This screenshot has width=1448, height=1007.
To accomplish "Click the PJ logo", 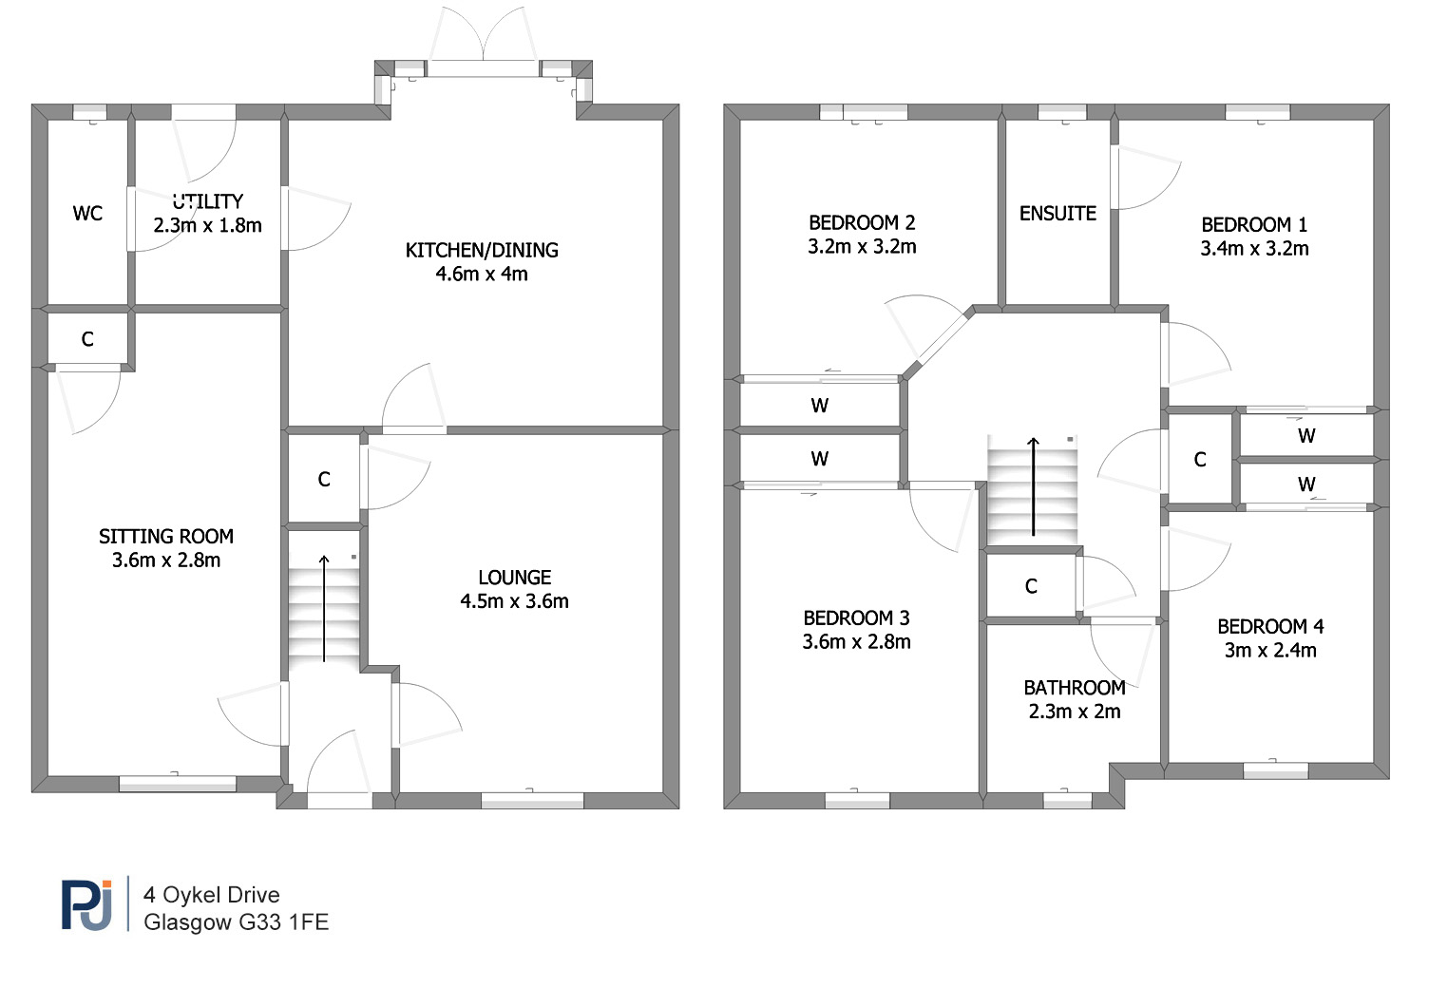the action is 87,904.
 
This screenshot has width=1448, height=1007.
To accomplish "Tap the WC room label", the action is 87,214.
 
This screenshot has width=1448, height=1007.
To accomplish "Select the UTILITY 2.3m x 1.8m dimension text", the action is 207,225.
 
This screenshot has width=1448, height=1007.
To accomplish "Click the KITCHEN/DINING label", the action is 482,250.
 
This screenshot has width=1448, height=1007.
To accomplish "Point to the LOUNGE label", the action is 515,578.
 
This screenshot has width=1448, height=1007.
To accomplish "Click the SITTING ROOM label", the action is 166,537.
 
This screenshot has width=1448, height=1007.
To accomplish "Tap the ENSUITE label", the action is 1058,214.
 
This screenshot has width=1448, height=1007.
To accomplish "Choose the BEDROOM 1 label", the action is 1254,225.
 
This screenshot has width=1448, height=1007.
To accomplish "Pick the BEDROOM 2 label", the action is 862,223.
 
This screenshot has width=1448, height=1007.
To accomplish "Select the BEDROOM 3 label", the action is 856,618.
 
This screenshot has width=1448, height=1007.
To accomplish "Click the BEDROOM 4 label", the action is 1270,626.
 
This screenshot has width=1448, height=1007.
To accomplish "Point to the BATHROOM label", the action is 1075,688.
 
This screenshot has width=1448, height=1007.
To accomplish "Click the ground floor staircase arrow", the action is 324,608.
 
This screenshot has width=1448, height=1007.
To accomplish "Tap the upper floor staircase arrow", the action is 1033,486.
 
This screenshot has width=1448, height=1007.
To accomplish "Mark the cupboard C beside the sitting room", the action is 87,339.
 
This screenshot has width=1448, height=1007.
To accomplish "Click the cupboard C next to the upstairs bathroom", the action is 1031,586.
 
